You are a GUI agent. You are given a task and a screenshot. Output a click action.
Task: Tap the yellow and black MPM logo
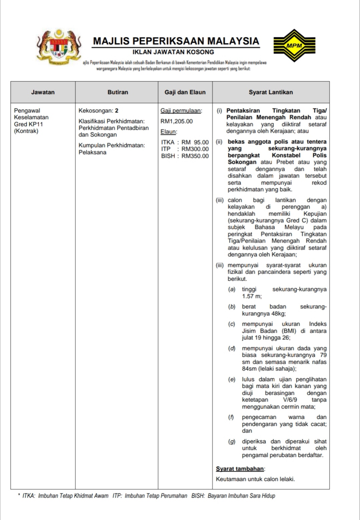tap(294, 45)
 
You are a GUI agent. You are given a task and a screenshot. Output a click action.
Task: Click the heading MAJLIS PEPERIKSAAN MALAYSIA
tap(176, 41)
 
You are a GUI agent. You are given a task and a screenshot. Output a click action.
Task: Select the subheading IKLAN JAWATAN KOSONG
tap(173, 52)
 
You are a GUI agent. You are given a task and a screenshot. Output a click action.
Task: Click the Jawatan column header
tap(43, 92)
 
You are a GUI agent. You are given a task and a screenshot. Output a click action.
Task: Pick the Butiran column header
tap(118, 92)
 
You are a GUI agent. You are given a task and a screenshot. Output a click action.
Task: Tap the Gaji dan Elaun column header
tap(185, 92)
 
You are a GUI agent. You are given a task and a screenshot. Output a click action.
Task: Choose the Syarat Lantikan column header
tap(271, 92)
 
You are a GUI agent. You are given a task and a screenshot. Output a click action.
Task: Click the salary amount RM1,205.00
tap(176, 121)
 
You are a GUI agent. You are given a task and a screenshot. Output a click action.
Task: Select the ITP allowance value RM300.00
tap(195, 149)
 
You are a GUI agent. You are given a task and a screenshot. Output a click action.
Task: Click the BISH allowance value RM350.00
tap(195, 156)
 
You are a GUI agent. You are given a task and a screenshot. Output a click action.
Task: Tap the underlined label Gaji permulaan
tap(181, 111)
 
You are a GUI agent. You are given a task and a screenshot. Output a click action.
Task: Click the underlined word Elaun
tap(169, 132)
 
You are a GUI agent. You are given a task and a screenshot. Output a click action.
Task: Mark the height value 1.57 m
tap(252, 296)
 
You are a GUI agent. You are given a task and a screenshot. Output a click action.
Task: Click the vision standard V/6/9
tap(290, 400)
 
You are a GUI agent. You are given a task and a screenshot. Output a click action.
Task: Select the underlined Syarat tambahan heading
tap(240, 469)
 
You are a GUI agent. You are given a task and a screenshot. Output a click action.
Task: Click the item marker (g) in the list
tap(232, 442)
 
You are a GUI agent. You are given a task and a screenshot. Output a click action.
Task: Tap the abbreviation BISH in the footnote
tap(198, 496)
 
